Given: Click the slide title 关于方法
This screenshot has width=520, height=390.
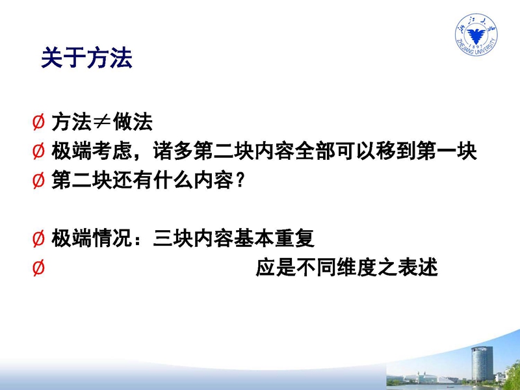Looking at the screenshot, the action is [86, 57].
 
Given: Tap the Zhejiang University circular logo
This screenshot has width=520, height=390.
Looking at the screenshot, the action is [476, 34].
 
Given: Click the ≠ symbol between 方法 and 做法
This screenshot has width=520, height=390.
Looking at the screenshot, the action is [102, 122].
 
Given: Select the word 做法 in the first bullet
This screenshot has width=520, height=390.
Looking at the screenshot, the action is [133, 122].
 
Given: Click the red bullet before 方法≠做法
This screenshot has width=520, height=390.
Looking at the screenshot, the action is [38, 122].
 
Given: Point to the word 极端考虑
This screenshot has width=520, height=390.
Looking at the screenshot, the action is [92, 151].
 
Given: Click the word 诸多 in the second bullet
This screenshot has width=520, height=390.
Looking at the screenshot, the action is [173, 151].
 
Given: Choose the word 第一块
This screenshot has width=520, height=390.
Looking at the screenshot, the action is [447, 151].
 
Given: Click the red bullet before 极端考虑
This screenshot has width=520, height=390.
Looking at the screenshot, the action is [38, 151].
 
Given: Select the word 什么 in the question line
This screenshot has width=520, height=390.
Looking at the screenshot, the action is [173, 181].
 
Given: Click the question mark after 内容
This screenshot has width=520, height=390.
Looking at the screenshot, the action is [240, 181].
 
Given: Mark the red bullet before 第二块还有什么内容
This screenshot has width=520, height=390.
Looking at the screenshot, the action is [38, 181].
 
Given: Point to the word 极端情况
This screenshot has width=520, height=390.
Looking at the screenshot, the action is [92, 238].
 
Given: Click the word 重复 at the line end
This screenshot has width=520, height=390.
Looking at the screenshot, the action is [294, 238].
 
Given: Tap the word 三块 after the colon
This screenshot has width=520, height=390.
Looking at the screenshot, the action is [173, 238].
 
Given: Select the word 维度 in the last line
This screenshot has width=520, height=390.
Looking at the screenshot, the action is [357, 268].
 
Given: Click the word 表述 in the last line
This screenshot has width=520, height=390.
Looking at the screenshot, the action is [418, 268].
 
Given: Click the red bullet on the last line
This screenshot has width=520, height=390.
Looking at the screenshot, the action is [38, 268].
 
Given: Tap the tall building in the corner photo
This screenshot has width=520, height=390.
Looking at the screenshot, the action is [482, 365].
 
